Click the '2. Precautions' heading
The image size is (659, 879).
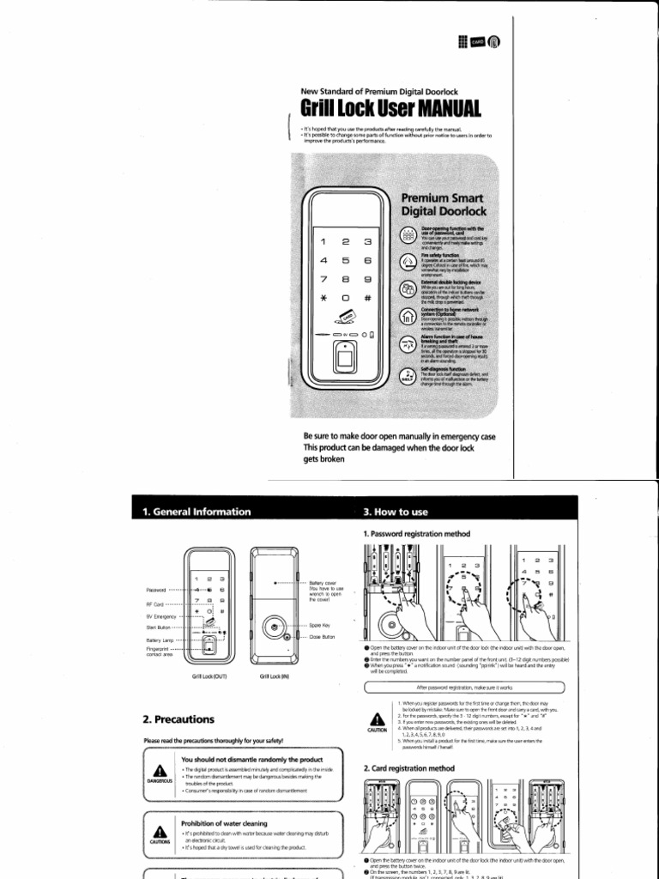coord(179,718)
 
